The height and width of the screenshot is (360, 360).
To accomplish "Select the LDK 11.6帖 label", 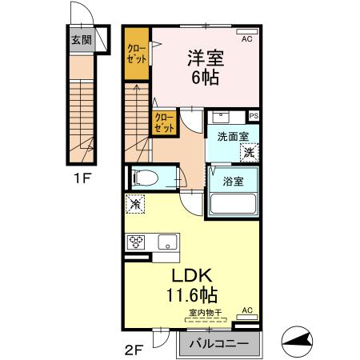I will pos(191,284).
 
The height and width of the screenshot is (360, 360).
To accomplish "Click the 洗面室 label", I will pos(232,136).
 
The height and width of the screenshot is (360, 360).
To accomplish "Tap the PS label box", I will pos(254,116).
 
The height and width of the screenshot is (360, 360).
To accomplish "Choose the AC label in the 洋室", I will pos(247,38).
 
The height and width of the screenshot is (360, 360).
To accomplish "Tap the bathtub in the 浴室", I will pos(233,203).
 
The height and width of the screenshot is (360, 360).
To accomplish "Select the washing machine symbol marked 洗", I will pos(250,151).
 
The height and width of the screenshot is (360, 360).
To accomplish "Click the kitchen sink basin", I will pos(167,242).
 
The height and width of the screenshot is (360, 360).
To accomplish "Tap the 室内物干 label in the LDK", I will pos(206,313).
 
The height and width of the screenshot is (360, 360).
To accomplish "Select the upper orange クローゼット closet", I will pos(136,54).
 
